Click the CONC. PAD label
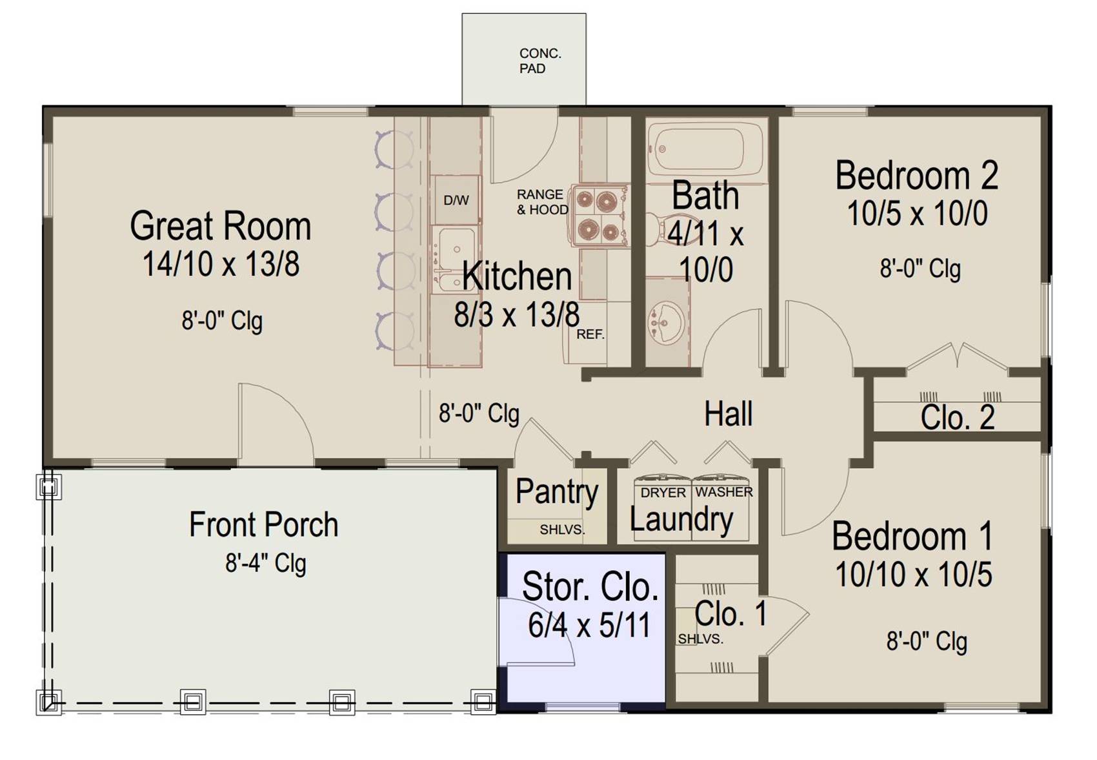tap(540, 61)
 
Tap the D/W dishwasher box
tap(456, 200)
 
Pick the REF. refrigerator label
tap(590, 334)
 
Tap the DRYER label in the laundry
tap(663, 493)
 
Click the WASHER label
tap(724, 492)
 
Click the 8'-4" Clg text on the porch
tap(266, 564)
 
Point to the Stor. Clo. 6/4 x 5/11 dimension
tap(589, 625)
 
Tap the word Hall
tap(729, 414)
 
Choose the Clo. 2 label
tap(958, 418)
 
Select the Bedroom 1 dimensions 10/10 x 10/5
tap(914, 574)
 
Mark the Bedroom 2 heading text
tap(917, 176)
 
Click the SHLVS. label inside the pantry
tap(562, 529)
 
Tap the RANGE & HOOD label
tap(542, 202)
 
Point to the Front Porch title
tap(263, 525)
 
